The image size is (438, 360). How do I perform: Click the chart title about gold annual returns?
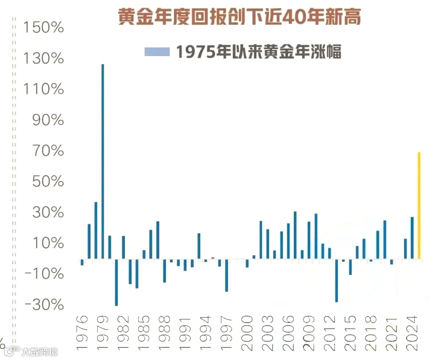coord(240,17)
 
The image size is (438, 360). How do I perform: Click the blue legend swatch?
coord(157,52)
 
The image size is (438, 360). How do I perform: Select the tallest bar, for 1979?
coord(103,161)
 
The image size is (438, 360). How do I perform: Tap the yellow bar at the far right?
coord(419,205)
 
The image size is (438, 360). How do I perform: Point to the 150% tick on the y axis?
coord(43,27)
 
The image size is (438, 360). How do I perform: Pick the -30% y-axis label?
coord(43,305)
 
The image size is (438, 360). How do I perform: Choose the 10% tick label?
coord(47,243)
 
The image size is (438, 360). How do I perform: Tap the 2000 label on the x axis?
coord(247,333)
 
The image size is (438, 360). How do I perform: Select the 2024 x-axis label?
coord(413,333)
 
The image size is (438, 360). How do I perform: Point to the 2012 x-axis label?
coord(330,333)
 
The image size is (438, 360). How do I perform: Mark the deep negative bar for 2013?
coord(336,280)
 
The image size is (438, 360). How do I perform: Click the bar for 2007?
coord(295,235)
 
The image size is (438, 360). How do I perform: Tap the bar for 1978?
coord(96,231)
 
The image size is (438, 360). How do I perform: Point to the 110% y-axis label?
coord(43,89)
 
